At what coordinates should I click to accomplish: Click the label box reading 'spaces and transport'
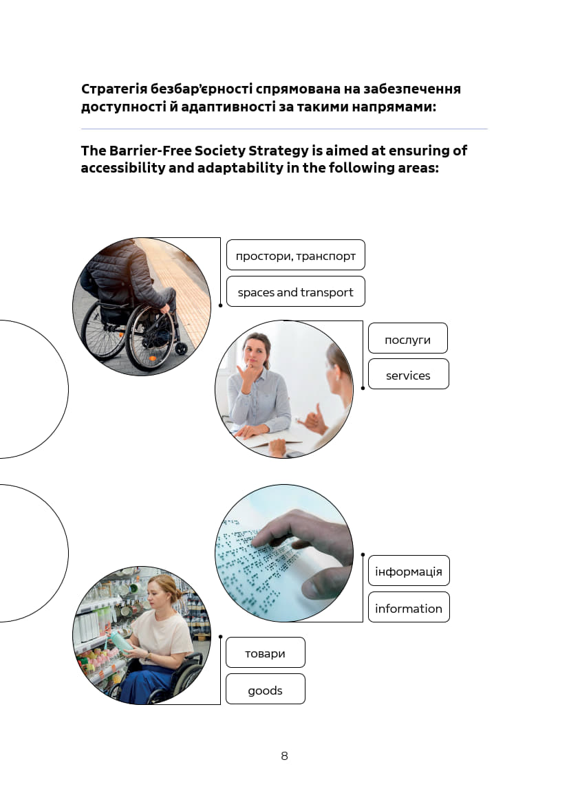[x=296, y=292]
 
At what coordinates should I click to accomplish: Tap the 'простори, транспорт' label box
[x=296, y=255]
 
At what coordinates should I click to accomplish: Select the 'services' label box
[x=409, y=374]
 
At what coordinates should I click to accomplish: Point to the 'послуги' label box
[x=408, y=338]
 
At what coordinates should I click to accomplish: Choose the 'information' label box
[x=409, y=607]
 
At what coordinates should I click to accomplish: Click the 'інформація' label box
[x=409, y=571]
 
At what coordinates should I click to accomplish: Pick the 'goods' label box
[x=266, y=689]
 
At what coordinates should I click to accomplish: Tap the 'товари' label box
[x=266, y=652]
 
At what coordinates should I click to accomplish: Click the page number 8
[x=285, y=756]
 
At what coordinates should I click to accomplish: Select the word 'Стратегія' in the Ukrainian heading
[x=114, y=89]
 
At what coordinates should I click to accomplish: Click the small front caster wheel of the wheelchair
[x=181, y=348]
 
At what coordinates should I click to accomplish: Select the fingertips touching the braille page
[x=260, y=539]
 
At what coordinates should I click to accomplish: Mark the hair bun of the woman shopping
[x=178, y=596]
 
